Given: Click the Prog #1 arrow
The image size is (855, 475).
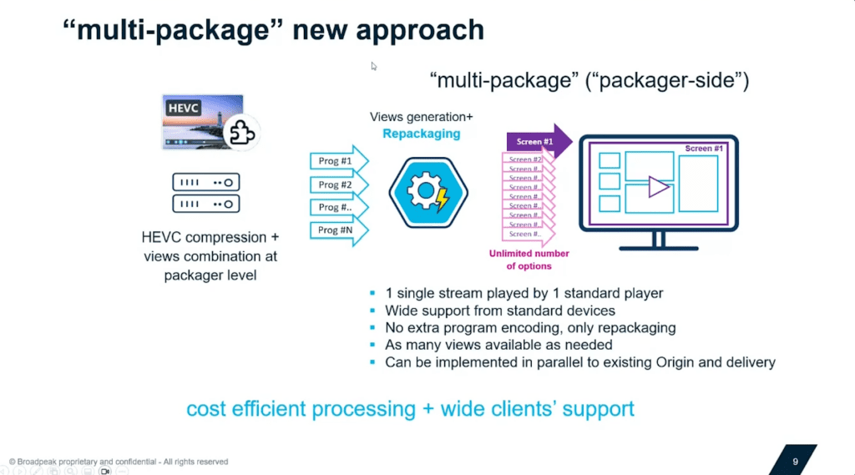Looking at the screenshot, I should (336, 161).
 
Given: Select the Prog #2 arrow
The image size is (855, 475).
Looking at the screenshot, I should (336, 184).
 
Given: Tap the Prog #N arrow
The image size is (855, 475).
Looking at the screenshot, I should (336, 230).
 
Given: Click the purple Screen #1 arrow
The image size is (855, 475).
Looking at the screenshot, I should (534, 141).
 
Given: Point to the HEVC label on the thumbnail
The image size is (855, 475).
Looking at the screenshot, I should (182, 109).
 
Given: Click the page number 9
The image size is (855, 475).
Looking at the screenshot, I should (795, 460).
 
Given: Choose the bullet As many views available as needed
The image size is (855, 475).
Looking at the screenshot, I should (498, 345).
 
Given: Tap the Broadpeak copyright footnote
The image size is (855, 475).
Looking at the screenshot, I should (118, 461).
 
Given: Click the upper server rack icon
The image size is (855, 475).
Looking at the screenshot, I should (205, 181).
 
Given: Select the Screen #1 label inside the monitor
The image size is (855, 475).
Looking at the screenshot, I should (704, 149).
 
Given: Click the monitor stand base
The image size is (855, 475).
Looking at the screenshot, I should (658, 246).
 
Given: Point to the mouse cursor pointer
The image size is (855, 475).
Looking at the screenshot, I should (374, 66).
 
